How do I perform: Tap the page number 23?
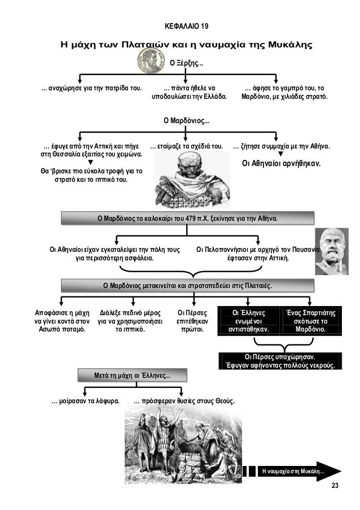tap(335, 486)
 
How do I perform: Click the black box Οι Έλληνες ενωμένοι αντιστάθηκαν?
tap(248, 320)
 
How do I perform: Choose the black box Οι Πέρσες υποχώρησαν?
tap(280, 360)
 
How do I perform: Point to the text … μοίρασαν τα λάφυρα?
tap(85, 402)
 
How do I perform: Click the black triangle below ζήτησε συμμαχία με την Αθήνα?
tap(281, 154)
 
